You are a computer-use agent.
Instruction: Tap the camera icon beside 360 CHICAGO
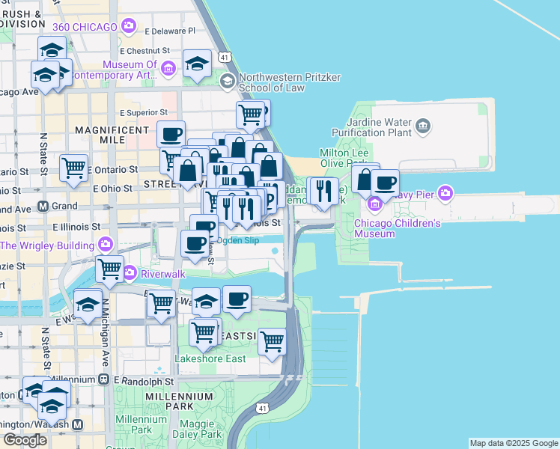click(x=130, y=27)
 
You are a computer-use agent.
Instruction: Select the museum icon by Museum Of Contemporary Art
click(x=168, y=69)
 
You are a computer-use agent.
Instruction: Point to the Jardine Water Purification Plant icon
click(x=424, y=123)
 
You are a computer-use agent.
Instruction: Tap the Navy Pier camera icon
click(x=446, y=195)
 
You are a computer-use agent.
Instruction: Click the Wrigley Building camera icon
click(x=106, y=245)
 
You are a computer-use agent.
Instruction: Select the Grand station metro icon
click(x=43, y=206)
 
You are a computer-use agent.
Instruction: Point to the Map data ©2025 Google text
click(x=514, y=443)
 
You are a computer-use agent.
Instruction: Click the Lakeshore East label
click(x=210, y=358)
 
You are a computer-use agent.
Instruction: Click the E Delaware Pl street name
click(x=170, y=31)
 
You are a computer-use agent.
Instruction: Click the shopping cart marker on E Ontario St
click(x=73, y=168)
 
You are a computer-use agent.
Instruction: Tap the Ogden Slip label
click(x=238, y=241)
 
